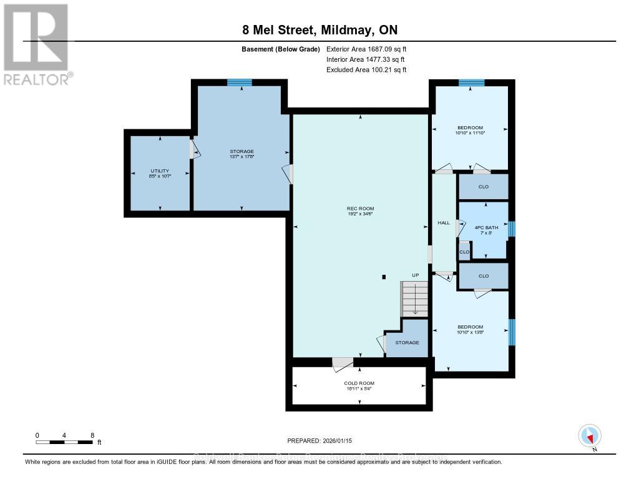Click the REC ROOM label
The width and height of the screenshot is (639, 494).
tap(361, 211)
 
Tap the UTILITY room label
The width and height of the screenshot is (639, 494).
tap(160, 173)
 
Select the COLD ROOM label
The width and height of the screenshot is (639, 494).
tap(359, 385)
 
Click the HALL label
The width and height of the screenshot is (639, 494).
tap(443, 222)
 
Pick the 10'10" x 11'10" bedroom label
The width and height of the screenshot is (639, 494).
tap(470, 130)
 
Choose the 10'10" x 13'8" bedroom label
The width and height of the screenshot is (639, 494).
tap(470, 329)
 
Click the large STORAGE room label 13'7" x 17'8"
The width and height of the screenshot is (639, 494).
tap(241, 154)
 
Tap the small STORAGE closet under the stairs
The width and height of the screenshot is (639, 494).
tap(407, 342)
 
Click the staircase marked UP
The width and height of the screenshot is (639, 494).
tap(414, 298)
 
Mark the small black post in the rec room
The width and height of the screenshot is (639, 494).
tap(384, 277)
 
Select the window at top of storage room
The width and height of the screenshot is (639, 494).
tap(239, 82)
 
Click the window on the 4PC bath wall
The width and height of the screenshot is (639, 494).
tap(512, 229)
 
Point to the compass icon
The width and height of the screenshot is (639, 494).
tap(589, 436)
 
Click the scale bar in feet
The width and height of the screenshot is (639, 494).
tap(65, 442)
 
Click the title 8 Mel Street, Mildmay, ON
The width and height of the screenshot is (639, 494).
tap(319, 30)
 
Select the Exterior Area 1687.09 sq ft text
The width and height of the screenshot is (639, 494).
tap(366, 49)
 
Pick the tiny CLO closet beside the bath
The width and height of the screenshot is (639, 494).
tap(464, 252)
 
